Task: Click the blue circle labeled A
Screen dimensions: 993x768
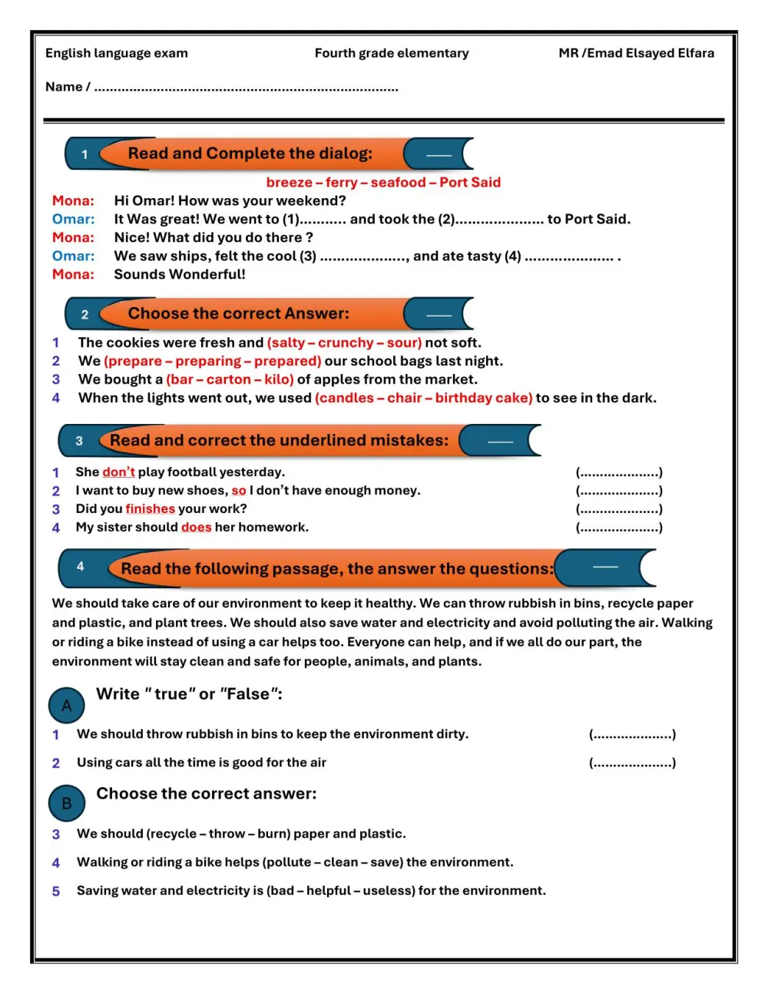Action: (67, 706)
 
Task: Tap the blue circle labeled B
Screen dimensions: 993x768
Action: (67, 803)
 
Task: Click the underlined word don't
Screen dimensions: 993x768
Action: (118, 472)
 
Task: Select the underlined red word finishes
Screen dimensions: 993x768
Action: (151, 509)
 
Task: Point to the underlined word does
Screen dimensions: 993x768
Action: (196, 528)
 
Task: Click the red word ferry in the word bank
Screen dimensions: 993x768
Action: (341, 183)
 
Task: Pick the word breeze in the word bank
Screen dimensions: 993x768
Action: (289, 183)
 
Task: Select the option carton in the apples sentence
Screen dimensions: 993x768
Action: (228, 379)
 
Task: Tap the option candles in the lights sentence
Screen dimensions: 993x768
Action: (346, 398)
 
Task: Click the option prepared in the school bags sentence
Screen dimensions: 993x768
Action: (286, 361)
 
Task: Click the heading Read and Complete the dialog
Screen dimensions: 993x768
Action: (250, 154)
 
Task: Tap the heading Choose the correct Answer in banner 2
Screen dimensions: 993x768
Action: (238, 313)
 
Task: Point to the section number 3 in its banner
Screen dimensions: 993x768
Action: (79, 441)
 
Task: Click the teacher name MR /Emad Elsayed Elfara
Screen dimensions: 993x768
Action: (636, 53)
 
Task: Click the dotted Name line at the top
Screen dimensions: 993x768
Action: (246, 88)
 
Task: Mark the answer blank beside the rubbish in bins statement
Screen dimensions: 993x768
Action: (632, 735)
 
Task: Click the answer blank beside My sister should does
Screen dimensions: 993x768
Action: (619, 528)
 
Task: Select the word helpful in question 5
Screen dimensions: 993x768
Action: (329, 891)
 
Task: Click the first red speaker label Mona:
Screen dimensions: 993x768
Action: (73, 201)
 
